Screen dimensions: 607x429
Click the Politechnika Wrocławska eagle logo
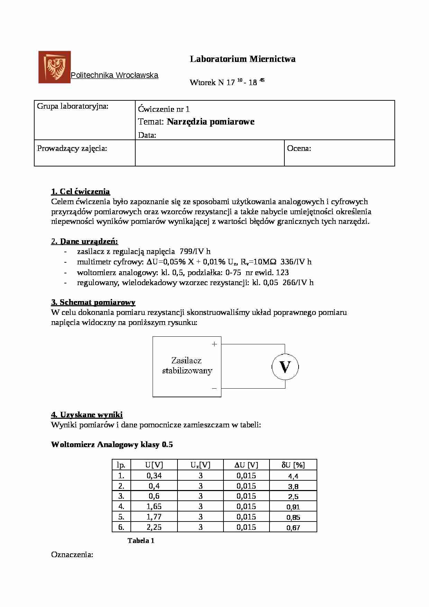pos(54,67)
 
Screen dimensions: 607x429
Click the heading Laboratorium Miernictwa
pos(243,59)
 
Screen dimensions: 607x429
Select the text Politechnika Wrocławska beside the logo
pos(115,75)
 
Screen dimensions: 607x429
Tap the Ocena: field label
pos(299,148)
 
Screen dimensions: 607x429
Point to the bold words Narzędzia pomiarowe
pos(210,121)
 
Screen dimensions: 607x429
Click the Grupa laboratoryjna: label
pos(73,106)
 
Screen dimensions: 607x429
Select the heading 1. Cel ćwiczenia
pos(80,191)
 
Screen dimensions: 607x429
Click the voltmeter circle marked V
pos(285,367)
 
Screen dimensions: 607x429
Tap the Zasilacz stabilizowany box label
pos(187,365)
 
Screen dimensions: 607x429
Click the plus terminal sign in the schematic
pos(214,344)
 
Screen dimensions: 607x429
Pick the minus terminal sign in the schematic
pos(214,389)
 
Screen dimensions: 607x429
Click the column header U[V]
pos(154,465)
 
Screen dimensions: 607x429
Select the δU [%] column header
pos(293,465)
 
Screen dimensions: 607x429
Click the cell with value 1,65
pos(154,506)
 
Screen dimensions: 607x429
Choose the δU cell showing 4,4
pos(293,476)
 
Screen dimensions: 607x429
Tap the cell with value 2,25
pos(154,527)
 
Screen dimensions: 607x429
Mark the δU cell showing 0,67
pos(293,528)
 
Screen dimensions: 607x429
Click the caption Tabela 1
pos(141,541)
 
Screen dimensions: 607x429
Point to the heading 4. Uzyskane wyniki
pos(87,415)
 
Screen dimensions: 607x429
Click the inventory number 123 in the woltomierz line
pos(282,272)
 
